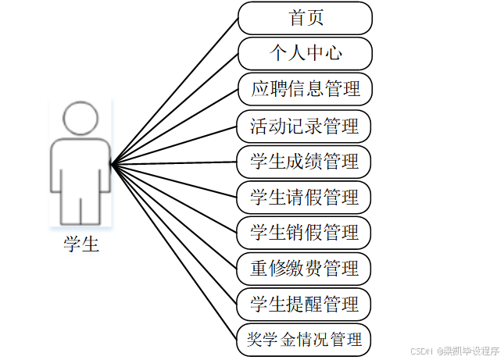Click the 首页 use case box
[305, 18]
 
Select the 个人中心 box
[305, 54]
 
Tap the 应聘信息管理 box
[305, 89]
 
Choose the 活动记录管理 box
[305, 125]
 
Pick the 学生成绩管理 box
[305, 161]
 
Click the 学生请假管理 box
[305, 197]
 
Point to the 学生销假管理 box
[305, 233]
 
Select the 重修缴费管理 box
[305, 268]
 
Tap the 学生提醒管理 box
[305, 304]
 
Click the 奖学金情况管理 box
[305, 340]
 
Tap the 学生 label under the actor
[81, 245]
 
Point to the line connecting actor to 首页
[175, 90]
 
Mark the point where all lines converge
[113, 164]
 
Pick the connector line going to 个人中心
[175, 109]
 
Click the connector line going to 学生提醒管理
[175, 234]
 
